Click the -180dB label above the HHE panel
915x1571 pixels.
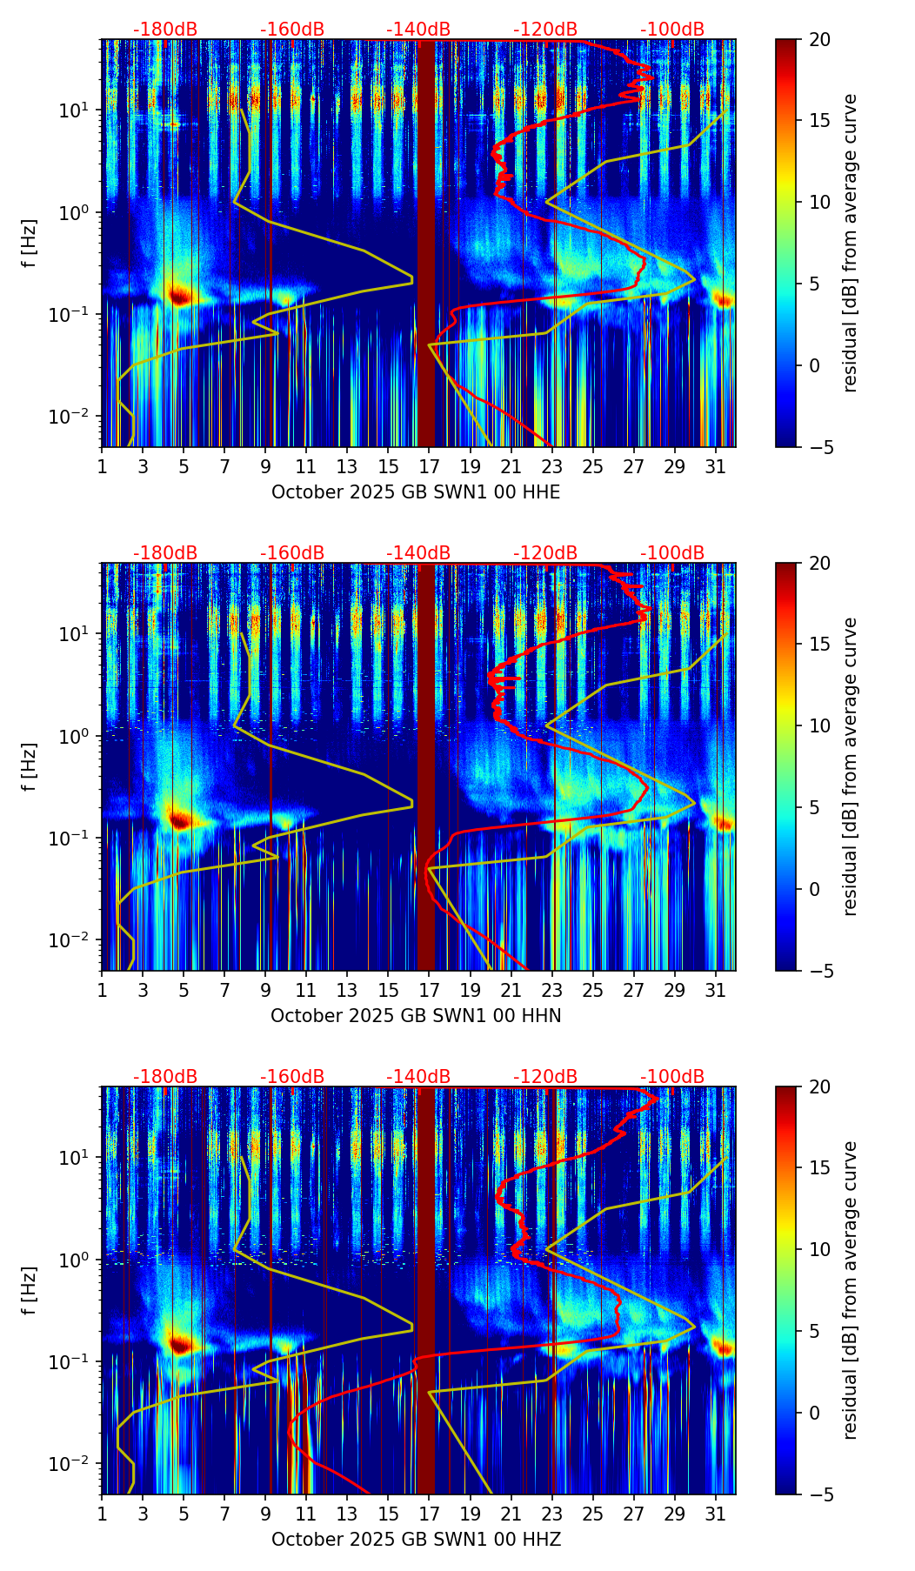tap(165, 30)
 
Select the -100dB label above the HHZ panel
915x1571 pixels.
tap(672, 1077)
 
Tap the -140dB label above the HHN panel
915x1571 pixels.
tap(418, 553)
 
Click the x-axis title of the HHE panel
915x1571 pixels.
tap(416, 492)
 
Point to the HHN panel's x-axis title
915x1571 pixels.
tap(416, 1016)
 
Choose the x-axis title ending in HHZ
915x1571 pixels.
tap(416, 1540)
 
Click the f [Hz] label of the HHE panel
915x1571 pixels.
tap(30, 244)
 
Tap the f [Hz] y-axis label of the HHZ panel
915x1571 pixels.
tap(30, 1291)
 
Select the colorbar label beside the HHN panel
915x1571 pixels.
tap(851, 766)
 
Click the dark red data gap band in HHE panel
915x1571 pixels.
tap(425, 244)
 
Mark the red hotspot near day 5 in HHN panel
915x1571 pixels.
tap(179, 819)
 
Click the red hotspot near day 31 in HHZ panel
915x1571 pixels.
tap(724, 1347)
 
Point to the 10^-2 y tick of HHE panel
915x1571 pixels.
tap(76, 417)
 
